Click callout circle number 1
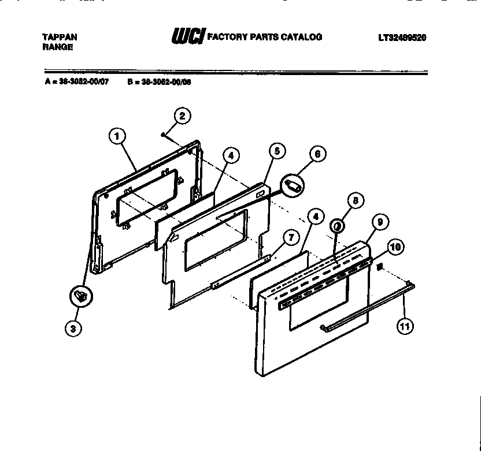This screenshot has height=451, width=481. (117, 136)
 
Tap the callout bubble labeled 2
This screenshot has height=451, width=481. (182, 115)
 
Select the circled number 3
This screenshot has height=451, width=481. (72, 328)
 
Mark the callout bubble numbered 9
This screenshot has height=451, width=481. (380, 221)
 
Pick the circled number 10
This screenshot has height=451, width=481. (395, 248)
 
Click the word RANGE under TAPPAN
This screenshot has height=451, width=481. (58, 47)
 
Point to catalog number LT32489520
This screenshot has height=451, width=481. (402, 38)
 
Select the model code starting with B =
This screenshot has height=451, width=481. (159, 82)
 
